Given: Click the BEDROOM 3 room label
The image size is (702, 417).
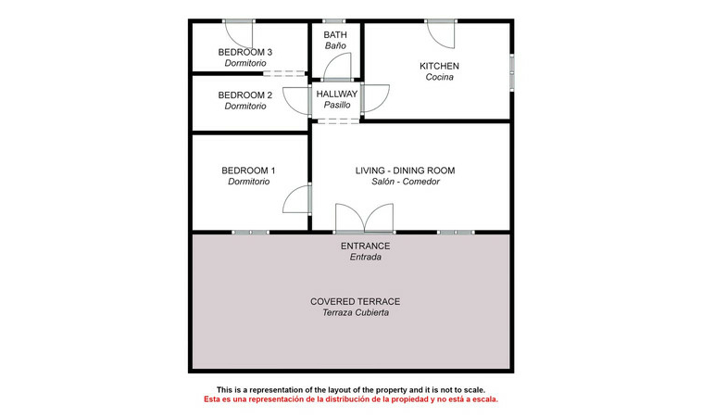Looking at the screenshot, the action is click(244, 53).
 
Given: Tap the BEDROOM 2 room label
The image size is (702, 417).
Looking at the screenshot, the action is click(244, 95).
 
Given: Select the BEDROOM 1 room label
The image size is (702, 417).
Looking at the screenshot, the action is click(248, 171).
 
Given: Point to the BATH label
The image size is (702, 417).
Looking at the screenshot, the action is click(335, 35).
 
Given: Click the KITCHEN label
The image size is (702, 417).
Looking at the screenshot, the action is click(439, 67).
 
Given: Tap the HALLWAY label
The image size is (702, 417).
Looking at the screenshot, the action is click(337, 95).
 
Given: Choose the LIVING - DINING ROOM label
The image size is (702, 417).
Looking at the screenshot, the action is click(405, 171).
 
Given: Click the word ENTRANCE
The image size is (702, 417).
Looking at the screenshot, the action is click(365, 246).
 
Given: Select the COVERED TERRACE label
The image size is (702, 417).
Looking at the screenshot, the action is click(355, 302).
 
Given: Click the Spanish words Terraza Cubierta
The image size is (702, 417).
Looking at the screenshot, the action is click(356, 312).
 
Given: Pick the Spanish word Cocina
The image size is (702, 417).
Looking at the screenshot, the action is click(439, 77).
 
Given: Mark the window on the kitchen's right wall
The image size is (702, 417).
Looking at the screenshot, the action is click(512, 72).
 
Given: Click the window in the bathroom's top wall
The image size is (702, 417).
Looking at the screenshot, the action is click(334, 21).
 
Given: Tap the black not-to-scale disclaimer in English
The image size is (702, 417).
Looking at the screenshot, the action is click(351, 390).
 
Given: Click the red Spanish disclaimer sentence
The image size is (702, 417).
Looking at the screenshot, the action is click(351, 399).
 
